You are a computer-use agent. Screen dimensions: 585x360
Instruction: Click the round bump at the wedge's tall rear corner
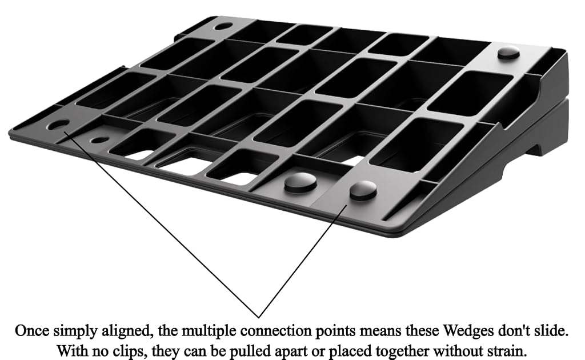pos(509,52)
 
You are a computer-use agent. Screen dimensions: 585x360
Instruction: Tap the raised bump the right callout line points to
pos(363,190)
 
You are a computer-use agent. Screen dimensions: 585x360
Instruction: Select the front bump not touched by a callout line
pos(300,182)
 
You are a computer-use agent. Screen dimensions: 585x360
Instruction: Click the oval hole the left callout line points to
pos(59,125)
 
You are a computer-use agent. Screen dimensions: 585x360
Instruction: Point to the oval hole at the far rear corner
pos(223,26)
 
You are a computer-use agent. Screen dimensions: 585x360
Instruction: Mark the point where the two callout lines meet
pos(259,318)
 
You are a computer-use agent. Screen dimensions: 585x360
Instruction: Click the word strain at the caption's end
pos(506,351)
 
